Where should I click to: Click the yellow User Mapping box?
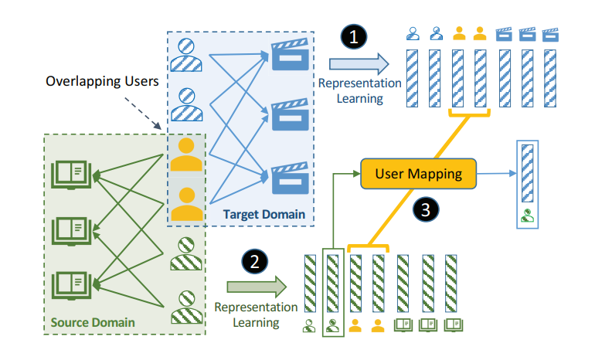click(x=418, y=174)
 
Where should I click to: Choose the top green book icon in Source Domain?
click(x=68, y=173)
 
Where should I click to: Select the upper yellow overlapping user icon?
click(x=185, y=154)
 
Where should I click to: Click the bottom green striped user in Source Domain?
click(x=185, y=306)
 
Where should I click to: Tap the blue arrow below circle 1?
click(x=356, y=64)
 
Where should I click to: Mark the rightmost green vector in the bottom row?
click(x=451, y=283)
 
